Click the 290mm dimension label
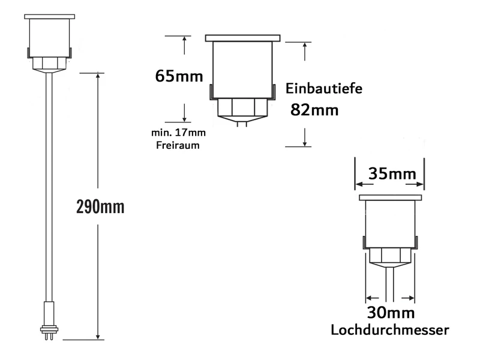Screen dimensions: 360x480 pos(101,207)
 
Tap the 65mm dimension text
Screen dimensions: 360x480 pos(178,76)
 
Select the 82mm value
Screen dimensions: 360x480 pos(314,110)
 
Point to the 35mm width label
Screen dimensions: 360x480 pos(389,174)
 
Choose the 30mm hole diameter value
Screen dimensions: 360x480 pos(390,313)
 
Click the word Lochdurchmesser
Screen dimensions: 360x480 pos(390,329)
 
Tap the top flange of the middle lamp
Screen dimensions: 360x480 pos(242,38)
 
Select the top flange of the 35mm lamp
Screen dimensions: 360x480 pos(389,198)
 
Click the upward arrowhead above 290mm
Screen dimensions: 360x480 pos(97,76)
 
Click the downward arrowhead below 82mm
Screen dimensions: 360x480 pos(305,143)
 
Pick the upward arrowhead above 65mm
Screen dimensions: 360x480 pos(184,39)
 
